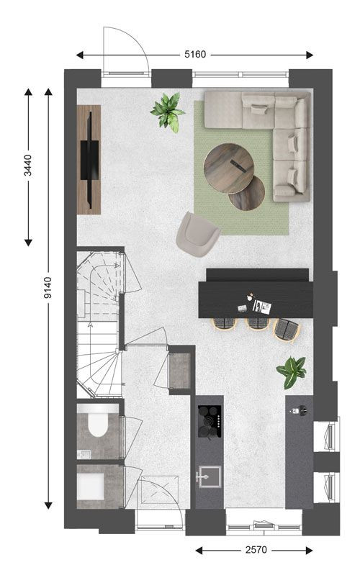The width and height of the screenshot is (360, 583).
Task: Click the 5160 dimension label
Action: (195, 55)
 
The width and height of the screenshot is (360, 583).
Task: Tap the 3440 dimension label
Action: (28, 166)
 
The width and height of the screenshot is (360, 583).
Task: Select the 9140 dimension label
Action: (48, 287)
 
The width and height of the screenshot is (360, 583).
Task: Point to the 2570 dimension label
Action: (256, 550)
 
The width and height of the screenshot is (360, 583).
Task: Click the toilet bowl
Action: (98, 424)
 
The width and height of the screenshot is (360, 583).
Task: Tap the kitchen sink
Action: (210, 476)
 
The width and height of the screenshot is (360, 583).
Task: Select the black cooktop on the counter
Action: (210, 421)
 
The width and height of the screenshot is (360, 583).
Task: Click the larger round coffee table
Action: (229, 168)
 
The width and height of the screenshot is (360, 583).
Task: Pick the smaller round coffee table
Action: (247, 194)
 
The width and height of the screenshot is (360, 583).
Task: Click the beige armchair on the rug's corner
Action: (197, 234)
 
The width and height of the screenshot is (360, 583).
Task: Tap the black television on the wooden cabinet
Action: (89, 160)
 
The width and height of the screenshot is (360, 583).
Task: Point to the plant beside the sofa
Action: (167, 112)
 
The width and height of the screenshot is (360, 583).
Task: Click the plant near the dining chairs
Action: (291, 371)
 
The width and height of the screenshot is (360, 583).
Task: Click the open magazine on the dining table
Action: (262, 307)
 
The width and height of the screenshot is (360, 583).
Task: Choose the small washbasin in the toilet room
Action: (85, 454)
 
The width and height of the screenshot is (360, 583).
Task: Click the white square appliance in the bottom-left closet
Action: (91, 487)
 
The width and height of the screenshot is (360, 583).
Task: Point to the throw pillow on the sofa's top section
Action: (259, 109)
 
